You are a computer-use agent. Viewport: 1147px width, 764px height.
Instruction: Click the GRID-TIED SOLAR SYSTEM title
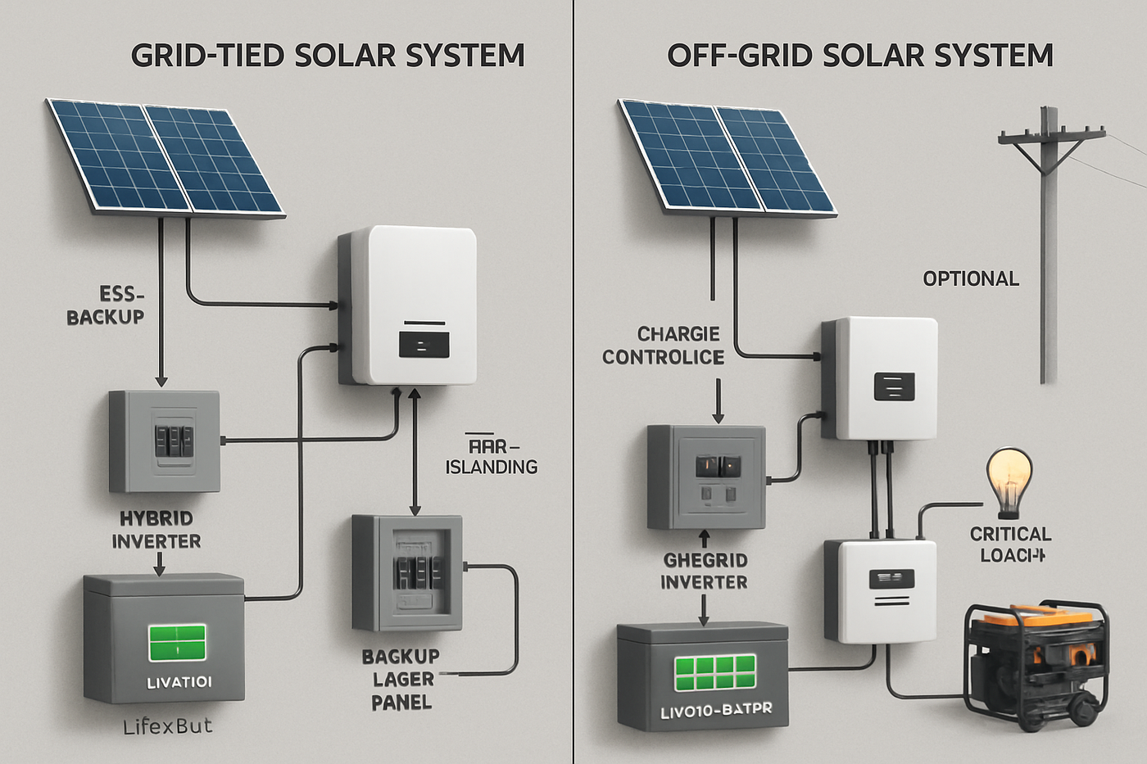tap(328, 56)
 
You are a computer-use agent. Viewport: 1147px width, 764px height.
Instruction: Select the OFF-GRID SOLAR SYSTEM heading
tap(859, 56)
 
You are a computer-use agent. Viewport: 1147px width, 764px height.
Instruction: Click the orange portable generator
tap(1037, 664)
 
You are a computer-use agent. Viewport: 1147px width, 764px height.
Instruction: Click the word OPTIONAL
tap(971, 279)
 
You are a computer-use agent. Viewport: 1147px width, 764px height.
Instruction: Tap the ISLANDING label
tap(492, 467)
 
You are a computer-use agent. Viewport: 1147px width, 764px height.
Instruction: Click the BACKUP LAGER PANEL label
tap(401, 680)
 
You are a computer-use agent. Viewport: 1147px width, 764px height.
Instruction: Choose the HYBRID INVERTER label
tap(156, 530)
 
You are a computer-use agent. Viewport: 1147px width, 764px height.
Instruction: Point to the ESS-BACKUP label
tap(106, 305)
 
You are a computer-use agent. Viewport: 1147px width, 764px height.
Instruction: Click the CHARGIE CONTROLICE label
tap(664, 346)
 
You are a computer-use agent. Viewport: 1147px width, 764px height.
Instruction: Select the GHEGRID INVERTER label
tap(705, 571)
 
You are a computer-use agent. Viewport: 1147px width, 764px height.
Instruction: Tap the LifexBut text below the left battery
tap(167, 726)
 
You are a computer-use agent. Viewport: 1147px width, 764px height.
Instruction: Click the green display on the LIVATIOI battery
tap(178, 643)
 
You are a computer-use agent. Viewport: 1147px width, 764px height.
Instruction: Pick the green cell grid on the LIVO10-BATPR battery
tap(715, 673)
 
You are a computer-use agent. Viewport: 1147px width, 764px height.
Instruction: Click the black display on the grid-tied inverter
tap(424, 343)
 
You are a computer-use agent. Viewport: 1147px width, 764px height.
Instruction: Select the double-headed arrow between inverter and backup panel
tap(415, 451)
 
